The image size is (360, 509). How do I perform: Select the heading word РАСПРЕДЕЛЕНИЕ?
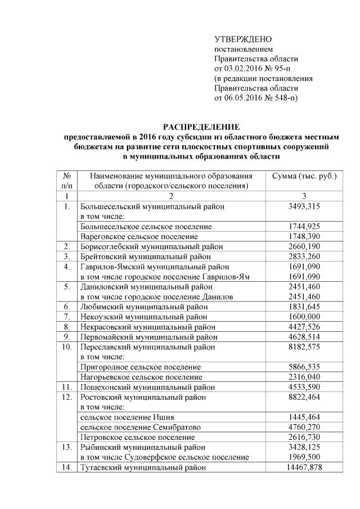coord(201,127)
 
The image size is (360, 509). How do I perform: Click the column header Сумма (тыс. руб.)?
coord(304,175)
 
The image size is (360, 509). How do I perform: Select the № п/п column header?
coord(66,180)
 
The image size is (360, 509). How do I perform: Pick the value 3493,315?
coord(304,206)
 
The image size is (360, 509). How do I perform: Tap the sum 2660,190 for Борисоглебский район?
coord(304,246)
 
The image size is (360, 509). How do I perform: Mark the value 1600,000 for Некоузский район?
coord(304,317)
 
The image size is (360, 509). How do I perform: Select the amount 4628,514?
coord(304,337)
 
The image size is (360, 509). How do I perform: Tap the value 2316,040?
coord(304,377)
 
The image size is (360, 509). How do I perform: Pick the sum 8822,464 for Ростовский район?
coord(304,397)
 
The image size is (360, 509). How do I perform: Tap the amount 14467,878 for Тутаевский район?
coord(304,467)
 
